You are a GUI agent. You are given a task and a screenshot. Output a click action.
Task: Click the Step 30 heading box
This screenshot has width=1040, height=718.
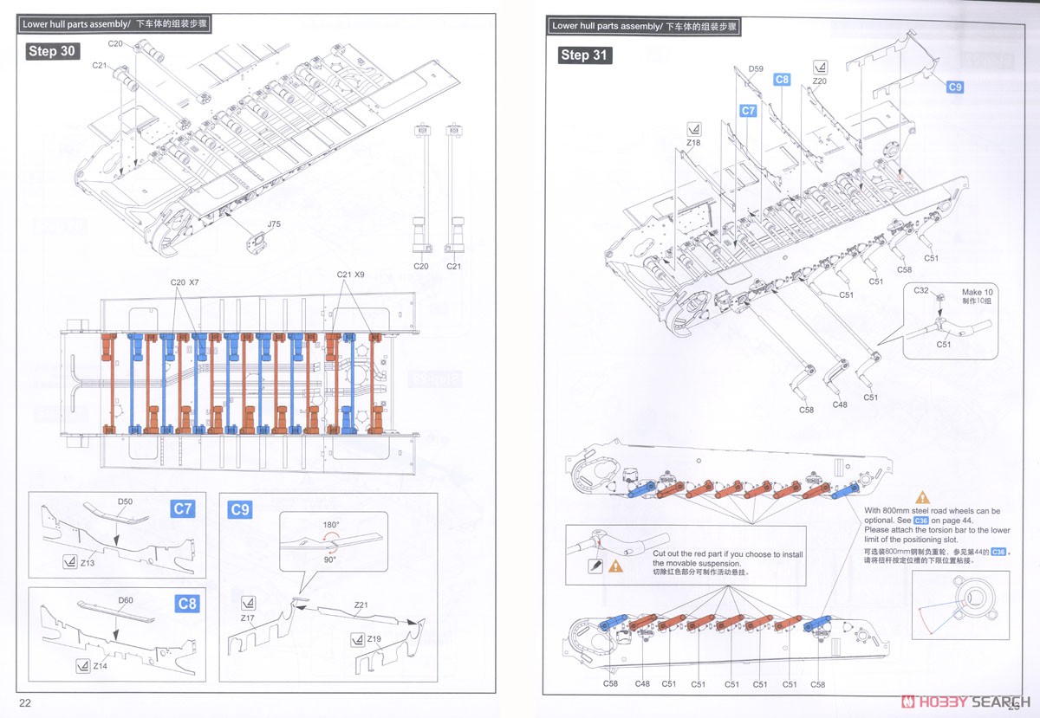coord(53,51)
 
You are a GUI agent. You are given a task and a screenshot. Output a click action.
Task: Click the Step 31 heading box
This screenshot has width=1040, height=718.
coord(586,55)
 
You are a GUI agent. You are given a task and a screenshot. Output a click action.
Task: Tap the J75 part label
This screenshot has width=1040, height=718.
coord(274,224)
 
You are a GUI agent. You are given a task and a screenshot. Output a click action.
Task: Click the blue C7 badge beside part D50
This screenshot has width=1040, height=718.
coord(183,508)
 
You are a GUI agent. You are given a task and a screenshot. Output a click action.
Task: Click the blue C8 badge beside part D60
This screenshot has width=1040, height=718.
coord(185,603)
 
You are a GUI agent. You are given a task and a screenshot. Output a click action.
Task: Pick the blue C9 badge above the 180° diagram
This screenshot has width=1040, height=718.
coord(239,509)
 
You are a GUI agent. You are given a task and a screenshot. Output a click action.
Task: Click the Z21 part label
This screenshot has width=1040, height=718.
coord(361,604)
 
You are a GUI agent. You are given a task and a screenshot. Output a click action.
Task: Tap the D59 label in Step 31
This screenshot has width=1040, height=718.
coord(756,68)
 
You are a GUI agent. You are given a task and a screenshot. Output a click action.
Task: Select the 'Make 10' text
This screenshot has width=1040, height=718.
coord(978,292)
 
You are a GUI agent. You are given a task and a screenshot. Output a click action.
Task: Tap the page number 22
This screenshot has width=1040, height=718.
coord(25,702)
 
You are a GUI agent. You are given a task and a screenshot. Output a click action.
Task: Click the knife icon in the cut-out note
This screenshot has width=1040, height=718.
coord(594,566)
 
